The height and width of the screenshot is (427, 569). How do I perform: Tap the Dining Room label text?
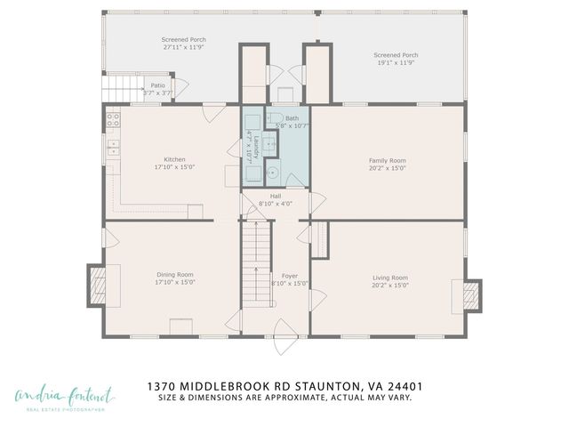pos(174,275)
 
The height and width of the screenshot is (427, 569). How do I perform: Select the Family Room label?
pos(388,161)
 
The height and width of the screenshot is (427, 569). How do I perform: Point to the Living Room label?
pos(389,278)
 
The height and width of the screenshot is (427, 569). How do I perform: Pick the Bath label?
pos(292,118)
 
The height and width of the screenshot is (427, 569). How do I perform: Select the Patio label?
pos(157,85)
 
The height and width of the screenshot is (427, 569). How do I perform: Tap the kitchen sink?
pos(112,148)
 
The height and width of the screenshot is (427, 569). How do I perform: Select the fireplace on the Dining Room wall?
pos(98,285)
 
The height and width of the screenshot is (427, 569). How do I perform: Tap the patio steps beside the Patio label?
pos(122,89)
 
